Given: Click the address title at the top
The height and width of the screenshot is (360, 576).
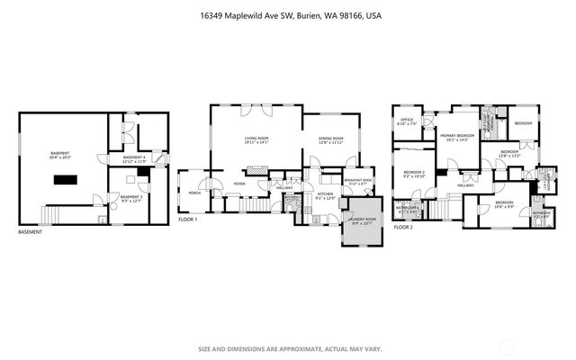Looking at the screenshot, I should [x=287, y=15].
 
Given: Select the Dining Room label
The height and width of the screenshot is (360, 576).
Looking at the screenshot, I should [x=330, y=140].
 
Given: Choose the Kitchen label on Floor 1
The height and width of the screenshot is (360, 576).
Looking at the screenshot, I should [x=325, y=195].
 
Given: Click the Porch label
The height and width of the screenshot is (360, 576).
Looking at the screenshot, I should [x=193, y=193].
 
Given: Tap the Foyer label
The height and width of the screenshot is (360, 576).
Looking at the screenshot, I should [x=239, y=184].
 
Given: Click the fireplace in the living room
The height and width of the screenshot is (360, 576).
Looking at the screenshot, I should [x=257, y=168].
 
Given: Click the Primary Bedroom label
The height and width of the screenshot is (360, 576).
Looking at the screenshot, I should [x=458, y=138].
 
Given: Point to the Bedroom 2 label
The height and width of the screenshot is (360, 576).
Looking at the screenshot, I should [x=413, y=173].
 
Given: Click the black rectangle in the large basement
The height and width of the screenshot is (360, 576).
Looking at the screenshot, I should [x=65, y=180].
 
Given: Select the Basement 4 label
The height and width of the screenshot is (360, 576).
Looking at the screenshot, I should [x=133, y=159].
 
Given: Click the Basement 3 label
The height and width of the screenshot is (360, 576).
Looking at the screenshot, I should [x=131, y=198].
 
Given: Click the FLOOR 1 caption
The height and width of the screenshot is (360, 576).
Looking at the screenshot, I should [x=187, y=220].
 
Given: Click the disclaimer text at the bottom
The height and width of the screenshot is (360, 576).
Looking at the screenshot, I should [x=287, y=349].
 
